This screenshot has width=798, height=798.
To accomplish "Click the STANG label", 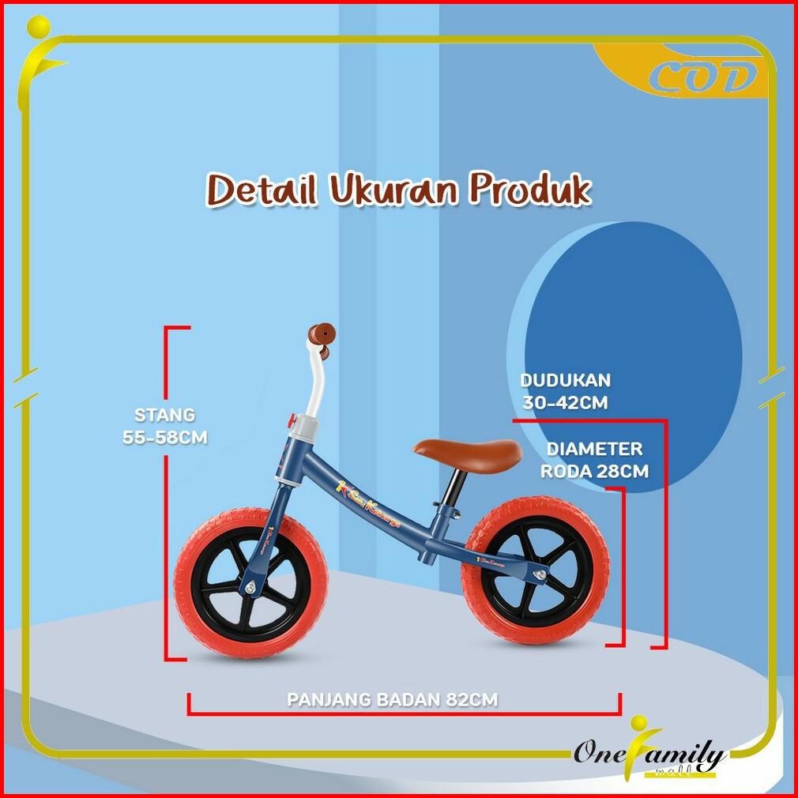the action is (164, 415).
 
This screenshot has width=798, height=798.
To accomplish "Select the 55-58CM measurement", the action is (165, 437).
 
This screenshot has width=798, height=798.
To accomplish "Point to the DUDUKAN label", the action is (565, 380).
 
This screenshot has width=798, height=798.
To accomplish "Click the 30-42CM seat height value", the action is (565, 402).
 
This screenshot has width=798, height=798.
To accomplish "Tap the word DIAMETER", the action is (595, 449).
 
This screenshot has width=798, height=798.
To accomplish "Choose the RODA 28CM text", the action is (594, 472).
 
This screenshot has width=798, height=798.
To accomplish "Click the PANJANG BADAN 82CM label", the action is (393, 700).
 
